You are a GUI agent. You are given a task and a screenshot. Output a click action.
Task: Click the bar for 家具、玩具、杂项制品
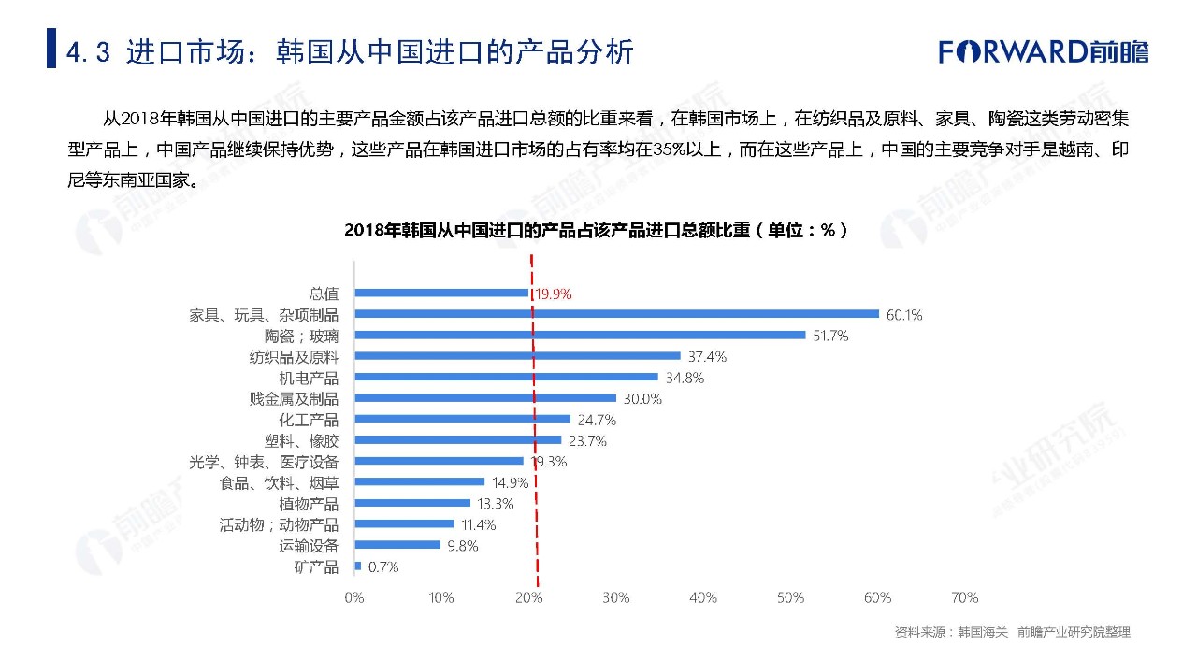coord(616,314)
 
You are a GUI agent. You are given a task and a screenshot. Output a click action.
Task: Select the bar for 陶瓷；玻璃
coord(580,335)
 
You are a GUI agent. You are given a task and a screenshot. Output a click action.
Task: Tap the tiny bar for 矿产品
coord(358,566)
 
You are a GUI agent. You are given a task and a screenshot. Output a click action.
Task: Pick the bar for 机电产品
coord(506,378)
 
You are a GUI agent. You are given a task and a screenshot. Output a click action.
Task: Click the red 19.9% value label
coord(554,294)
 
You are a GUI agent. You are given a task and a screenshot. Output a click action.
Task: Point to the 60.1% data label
coord(904,315)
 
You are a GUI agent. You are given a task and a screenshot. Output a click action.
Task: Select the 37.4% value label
coord(707,356)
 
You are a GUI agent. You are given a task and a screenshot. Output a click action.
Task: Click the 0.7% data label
coord(383,566)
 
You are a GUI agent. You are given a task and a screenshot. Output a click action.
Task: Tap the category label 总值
coord(324,294)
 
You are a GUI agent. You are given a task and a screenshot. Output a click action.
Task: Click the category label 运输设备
coord(309,545)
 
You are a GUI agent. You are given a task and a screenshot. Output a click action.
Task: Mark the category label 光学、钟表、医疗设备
coord(264,462)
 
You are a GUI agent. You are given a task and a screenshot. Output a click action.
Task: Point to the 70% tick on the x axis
coord(964,597)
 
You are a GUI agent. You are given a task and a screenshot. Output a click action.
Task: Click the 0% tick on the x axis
coord(354,597)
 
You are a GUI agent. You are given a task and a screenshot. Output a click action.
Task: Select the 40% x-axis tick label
coord(703,597)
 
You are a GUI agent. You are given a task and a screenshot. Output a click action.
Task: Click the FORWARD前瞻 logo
coord(1044,51)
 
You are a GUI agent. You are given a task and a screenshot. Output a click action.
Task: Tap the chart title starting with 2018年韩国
coord(597,230)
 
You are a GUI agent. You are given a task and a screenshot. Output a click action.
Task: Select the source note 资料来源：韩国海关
coord(951,632)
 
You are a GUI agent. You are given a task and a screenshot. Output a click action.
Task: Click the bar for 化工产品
coord(462,419)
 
